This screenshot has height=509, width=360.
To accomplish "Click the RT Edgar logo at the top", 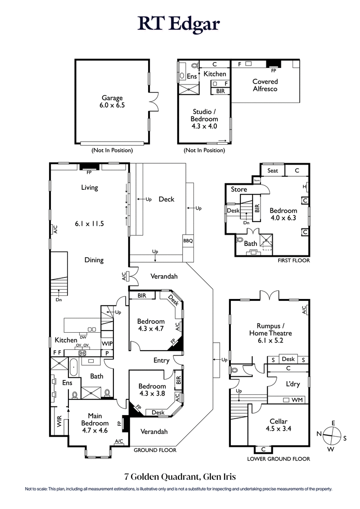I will [x=180, y=24].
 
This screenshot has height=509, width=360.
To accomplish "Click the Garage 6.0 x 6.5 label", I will [x=112, y=101].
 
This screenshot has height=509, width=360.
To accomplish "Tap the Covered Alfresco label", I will [x=265, y=85].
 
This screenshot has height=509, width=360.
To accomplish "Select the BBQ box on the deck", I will [x=188, y=241].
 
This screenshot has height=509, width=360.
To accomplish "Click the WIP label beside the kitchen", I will [x=107, y=344].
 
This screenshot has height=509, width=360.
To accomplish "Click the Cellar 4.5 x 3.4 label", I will [x=279, y=425].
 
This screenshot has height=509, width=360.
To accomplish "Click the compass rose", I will [x=333, y=435].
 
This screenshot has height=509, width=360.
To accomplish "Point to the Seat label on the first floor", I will [x=273, y=170].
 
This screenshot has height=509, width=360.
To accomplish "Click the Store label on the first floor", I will [x=239, y=189].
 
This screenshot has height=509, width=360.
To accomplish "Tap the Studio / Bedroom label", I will [x=205, y=119].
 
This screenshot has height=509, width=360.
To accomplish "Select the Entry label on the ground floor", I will [x=161, y=360].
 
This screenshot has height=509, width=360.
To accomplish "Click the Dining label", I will [x=94, y=259].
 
